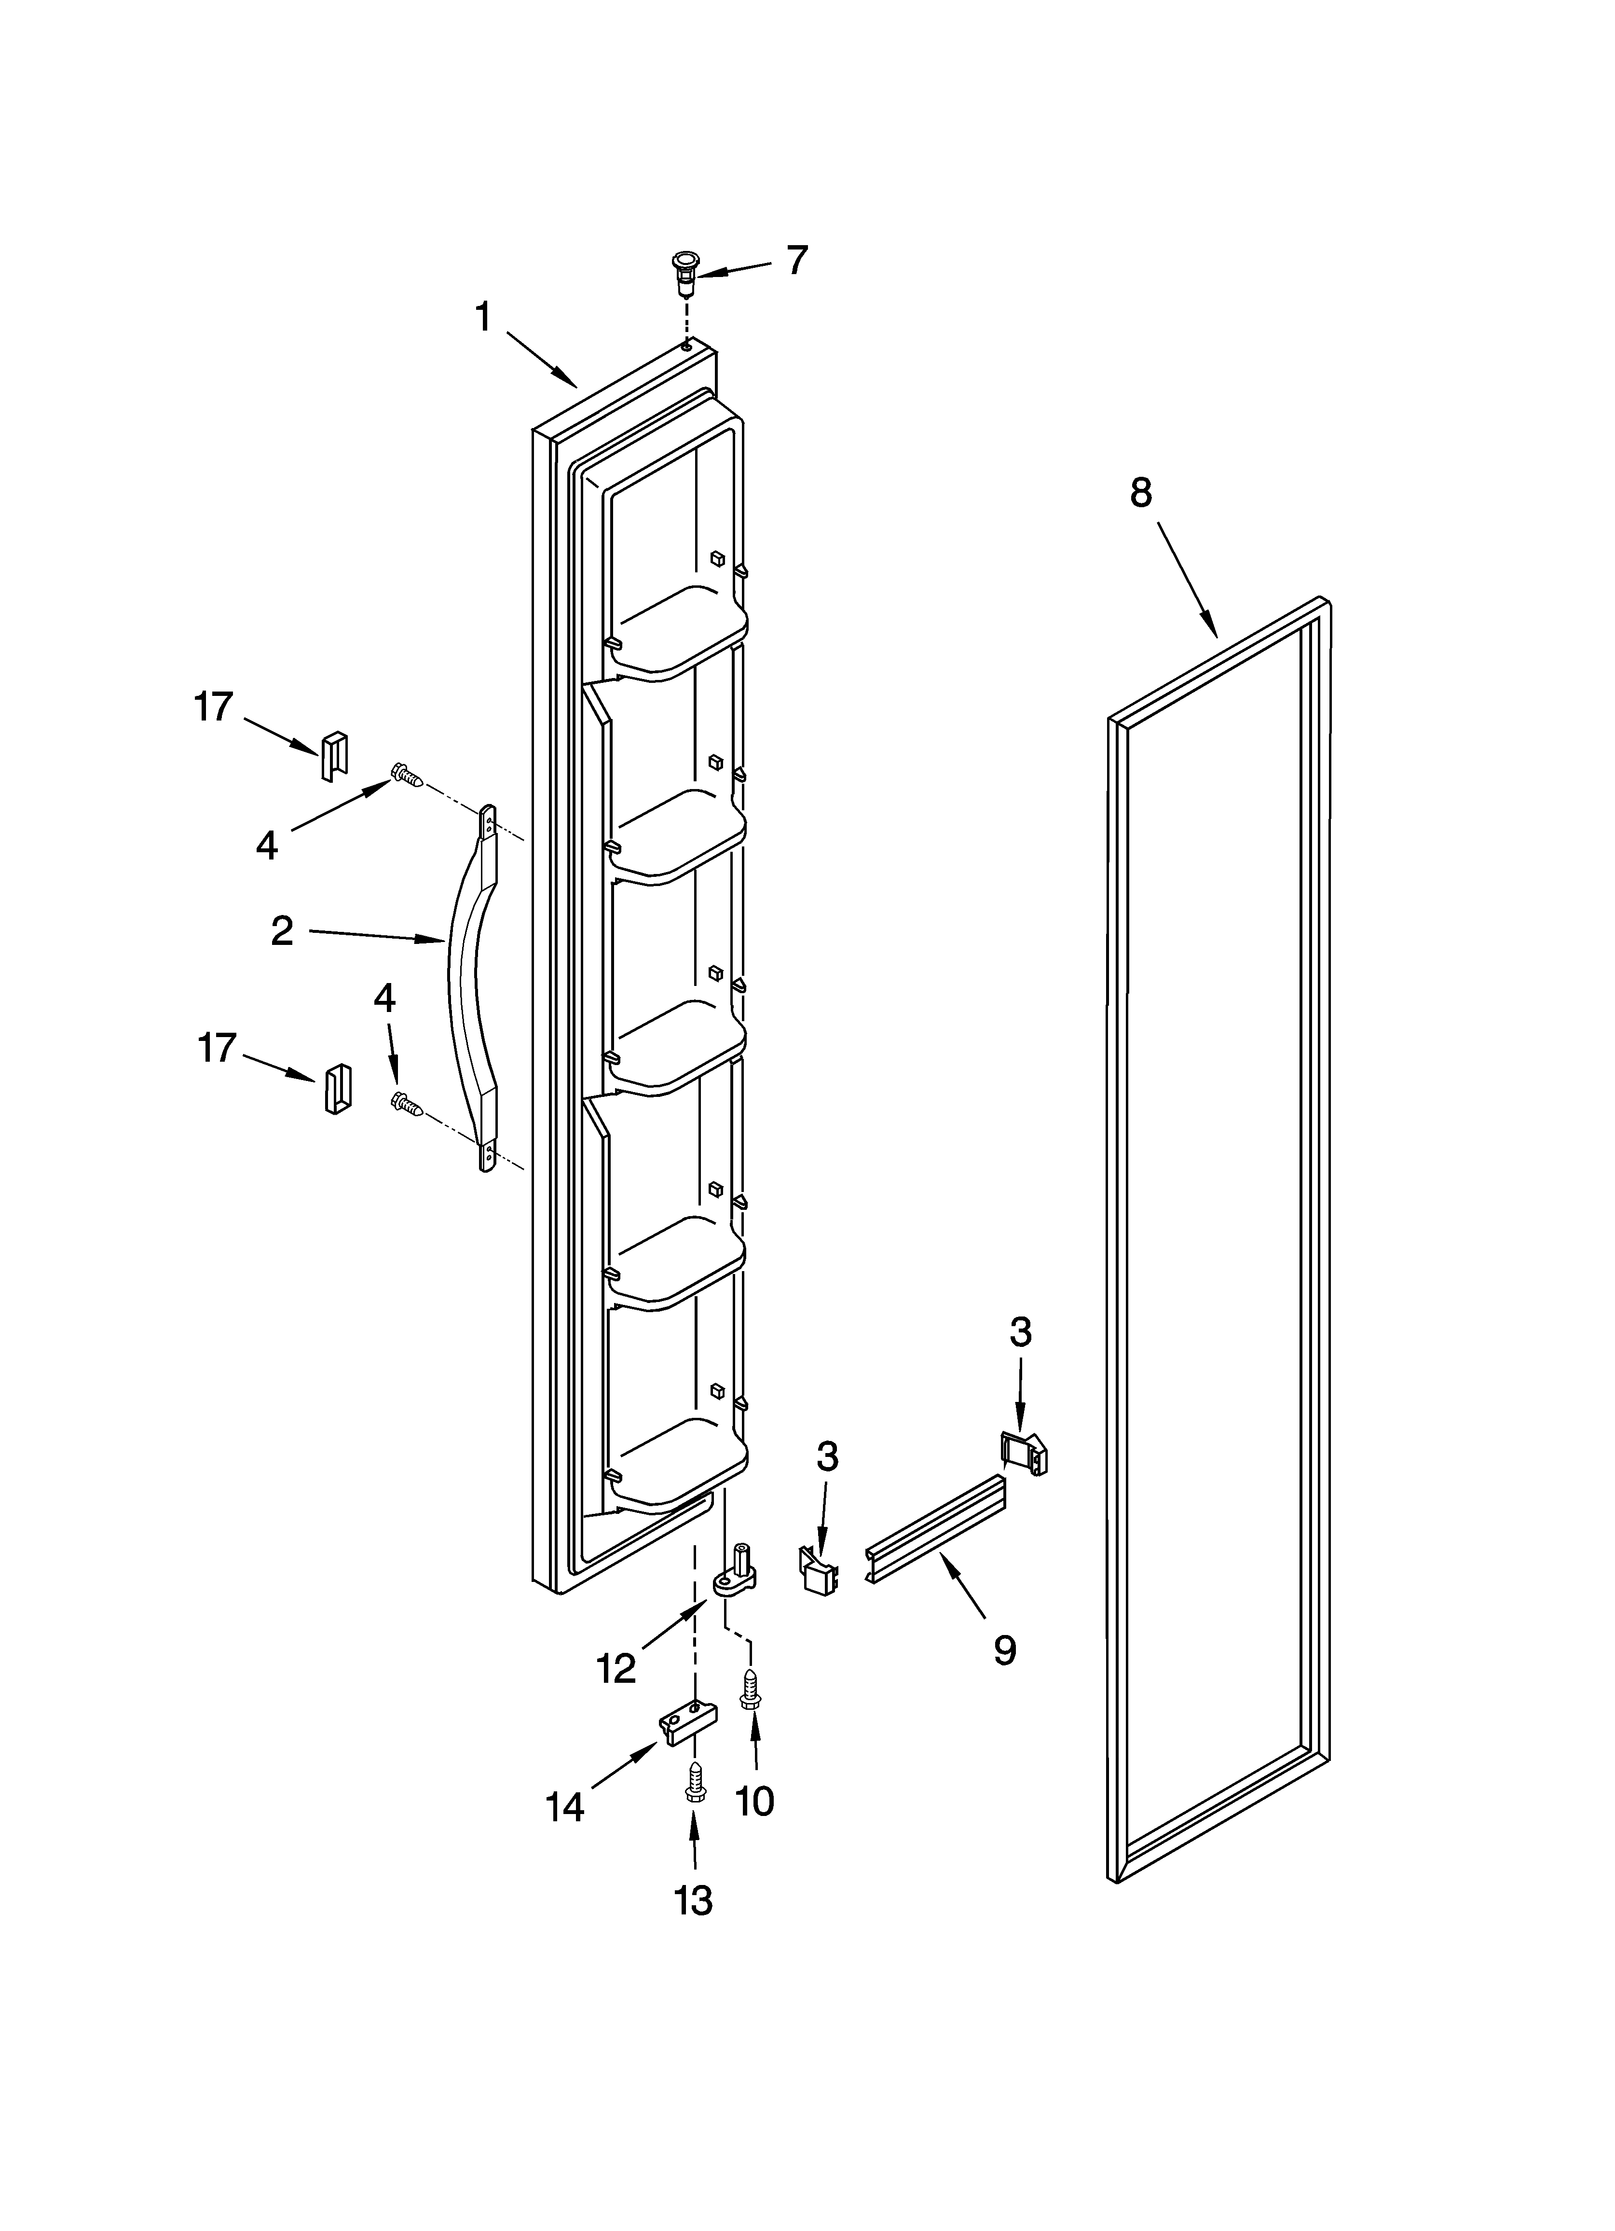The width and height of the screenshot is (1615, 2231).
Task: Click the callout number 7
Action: tap(797, 261)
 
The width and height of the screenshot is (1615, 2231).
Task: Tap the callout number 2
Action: tap(282, 930)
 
